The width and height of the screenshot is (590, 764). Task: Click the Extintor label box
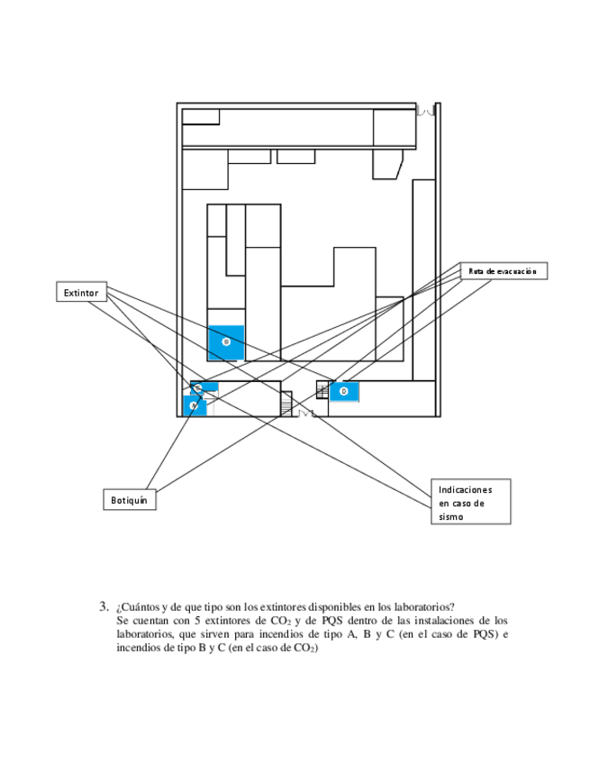tap(82, 293)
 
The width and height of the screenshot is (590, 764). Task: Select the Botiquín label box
tap(130, 499)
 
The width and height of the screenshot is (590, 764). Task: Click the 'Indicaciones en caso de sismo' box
tap(470, 502)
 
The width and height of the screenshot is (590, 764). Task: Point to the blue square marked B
tap(226, 342)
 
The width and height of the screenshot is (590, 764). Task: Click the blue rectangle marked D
tap(344, 391)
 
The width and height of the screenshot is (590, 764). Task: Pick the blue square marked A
tap(195, 406)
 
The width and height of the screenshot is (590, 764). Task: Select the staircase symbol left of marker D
tap(322, 390)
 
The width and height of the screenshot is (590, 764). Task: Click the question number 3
tap(104, 606)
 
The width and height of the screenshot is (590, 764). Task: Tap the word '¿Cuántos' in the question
tap(137, 607)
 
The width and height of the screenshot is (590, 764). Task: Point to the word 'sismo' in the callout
tap(451, 517)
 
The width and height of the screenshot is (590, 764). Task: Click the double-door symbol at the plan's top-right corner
tap(427, 111)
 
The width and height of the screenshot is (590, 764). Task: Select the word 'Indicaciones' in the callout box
tap(466, 488)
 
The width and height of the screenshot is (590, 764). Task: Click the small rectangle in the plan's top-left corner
tap(201, 116)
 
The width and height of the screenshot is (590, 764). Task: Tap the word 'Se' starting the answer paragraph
tap(123, 621)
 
